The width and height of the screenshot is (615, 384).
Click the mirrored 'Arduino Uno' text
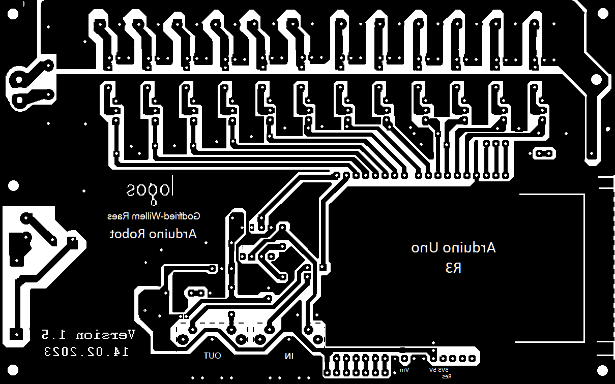coord(453,248)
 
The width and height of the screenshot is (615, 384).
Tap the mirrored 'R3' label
coord(453,268)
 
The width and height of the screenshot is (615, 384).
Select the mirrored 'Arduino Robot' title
coord(153,234)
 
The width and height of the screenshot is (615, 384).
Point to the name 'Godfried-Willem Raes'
coord(154,216)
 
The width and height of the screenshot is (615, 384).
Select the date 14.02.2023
coord(87,351)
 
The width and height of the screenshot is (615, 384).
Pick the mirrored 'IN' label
coord(289,357)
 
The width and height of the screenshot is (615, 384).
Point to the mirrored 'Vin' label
coord(404,370)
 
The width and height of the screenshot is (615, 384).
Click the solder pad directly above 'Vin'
coord(404,359)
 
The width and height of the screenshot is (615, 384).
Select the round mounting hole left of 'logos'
coord(14,186)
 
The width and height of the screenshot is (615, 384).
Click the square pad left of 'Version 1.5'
coord(16,335)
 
